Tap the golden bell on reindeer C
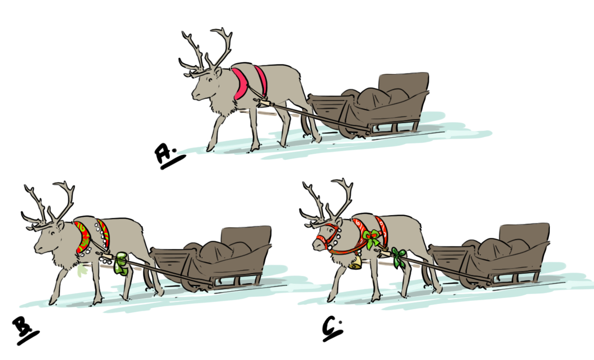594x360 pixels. (355, 262)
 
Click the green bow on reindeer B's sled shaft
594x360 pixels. (120, 264)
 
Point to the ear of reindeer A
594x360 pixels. (218, 72)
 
